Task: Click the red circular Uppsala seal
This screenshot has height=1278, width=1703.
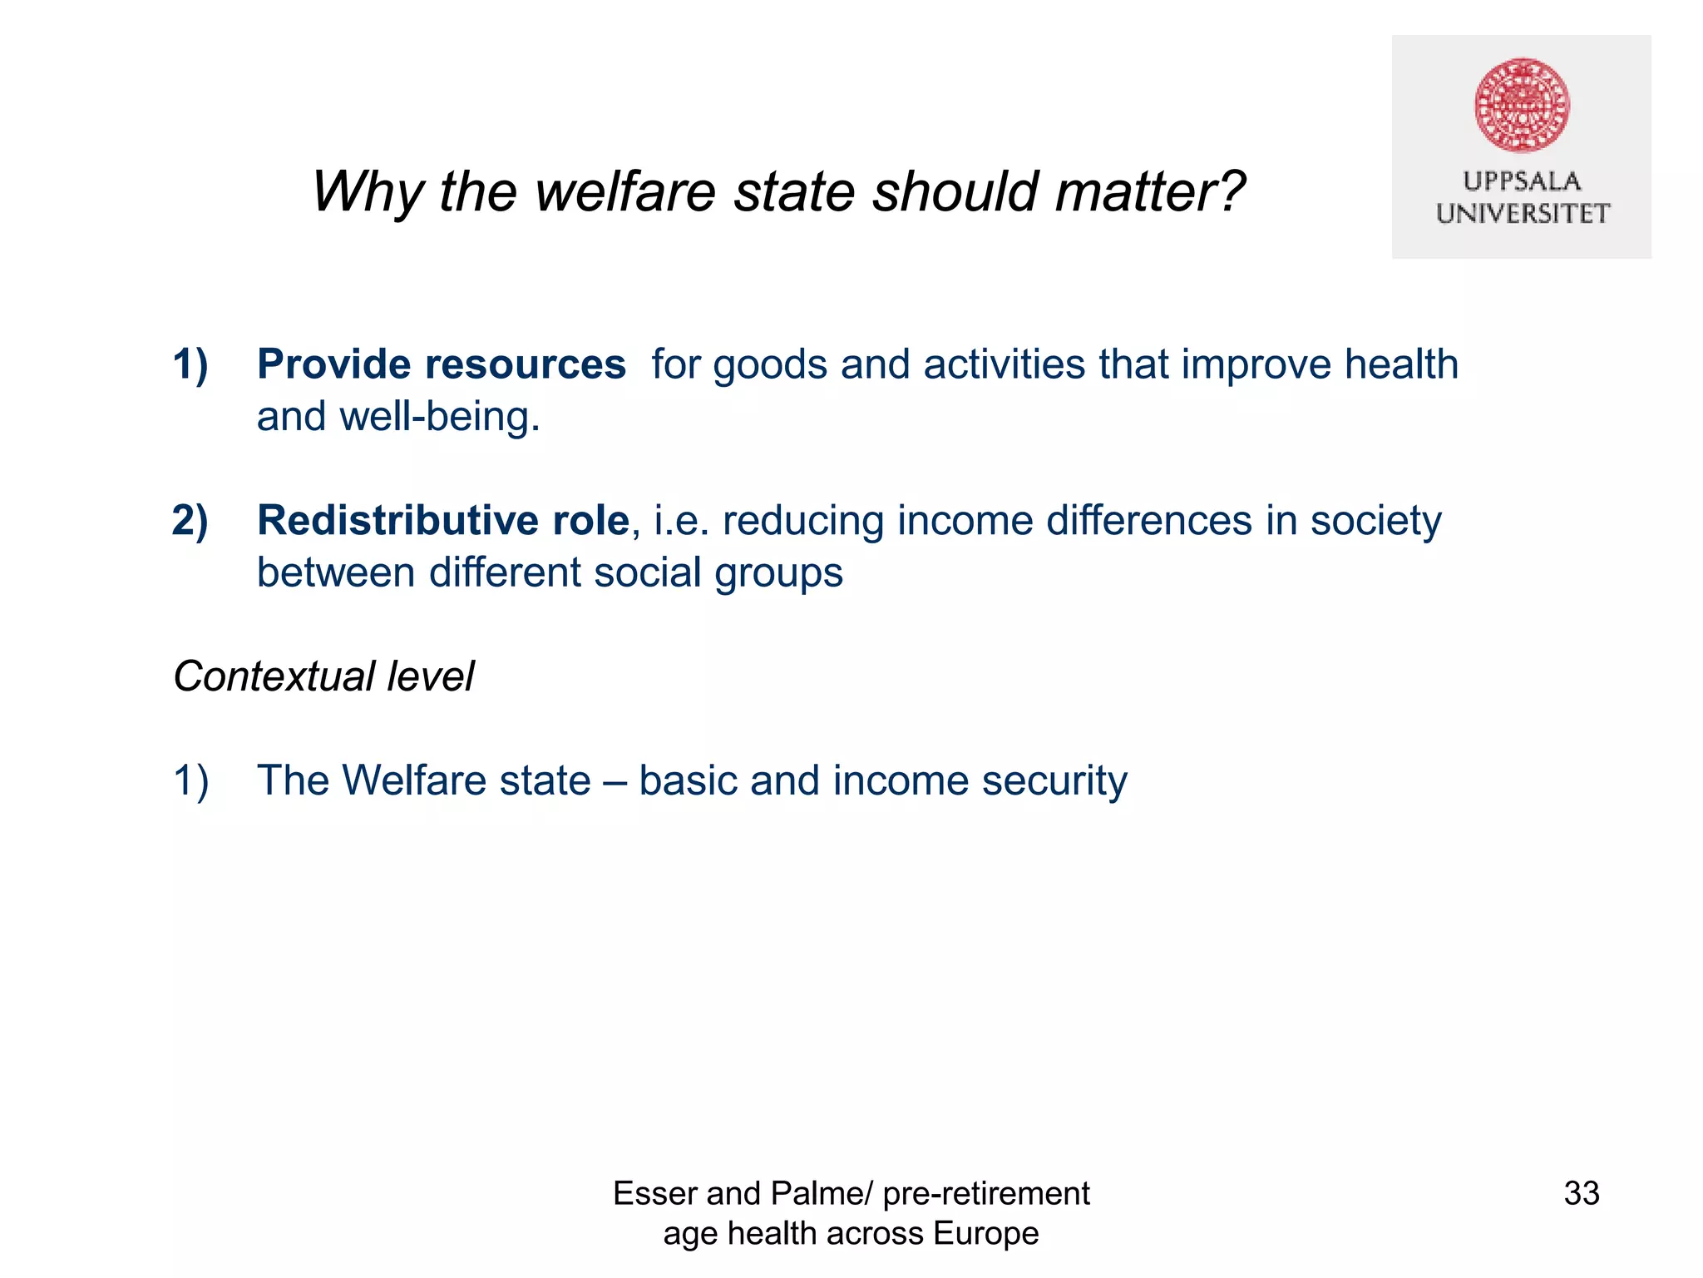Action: coord(1522,105)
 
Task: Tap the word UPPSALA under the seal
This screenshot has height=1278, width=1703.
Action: coord(1522,181)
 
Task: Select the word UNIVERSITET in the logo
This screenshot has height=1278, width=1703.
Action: coord(1522,214)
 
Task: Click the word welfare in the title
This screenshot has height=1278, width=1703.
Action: coord(625,192)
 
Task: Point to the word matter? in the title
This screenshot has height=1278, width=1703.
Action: coord(1150,192)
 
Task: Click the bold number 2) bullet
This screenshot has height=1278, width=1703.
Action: coord(190,521)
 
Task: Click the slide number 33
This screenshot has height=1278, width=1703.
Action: coord(1581,1193)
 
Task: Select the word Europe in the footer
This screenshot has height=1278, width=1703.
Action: coord(985,1233)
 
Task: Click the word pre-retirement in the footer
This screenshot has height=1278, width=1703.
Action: coord(985,1193)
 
